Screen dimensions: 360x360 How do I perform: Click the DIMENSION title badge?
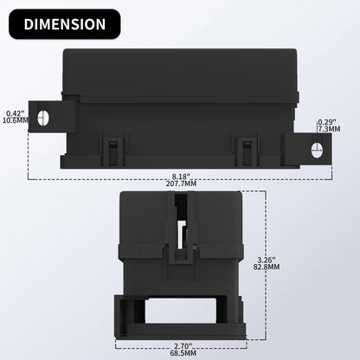pos(64,24)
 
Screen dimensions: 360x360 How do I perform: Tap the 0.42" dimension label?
pos(14,112)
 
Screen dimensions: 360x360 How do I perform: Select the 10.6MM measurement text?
pos(15,121)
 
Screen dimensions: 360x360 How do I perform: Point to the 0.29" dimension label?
pos(327,121)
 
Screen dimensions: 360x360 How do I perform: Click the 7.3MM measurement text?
pos(328,129)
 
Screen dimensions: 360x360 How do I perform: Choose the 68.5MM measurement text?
pos(180,352)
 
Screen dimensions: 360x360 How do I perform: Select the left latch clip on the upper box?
pos(111,148)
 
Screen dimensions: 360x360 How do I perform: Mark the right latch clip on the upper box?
pos(247,148)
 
